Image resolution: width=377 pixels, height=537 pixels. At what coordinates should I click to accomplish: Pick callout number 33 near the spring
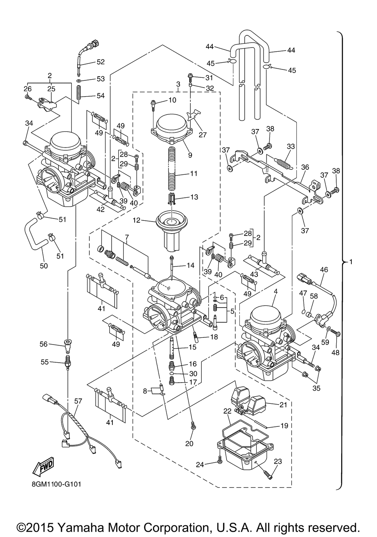[x=291, y=146]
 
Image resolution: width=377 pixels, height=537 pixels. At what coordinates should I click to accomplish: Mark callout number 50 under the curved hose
[x=44, y=266]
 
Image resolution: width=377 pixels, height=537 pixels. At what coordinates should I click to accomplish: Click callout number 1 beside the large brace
[x=351, y=261]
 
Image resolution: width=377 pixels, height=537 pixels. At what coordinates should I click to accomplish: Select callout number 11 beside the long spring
[x=194, y=174]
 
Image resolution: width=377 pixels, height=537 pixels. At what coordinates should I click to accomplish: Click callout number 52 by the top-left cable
[x=101, y=62]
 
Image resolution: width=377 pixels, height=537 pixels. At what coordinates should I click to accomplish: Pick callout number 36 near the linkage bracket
[x=305, y=167]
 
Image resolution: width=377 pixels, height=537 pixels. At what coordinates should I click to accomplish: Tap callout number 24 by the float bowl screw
[x=199, y=465]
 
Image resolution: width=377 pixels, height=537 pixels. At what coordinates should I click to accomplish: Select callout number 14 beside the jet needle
[x=190, y=265]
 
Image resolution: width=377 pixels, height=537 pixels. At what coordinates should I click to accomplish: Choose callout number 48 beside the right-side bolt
[x=335, y=353]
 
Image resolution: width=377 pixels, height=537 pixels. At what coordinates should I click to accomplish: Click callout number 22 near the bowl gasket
[x=227, y=411]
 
